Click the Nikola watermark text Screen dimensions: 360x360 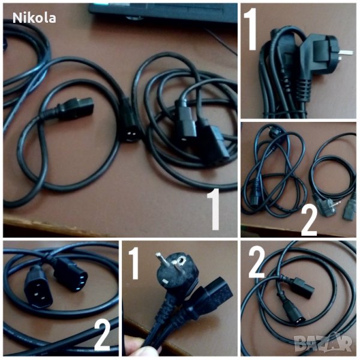tap(34, 18)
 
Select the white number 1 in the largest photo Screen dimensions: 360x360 tap(214, 209)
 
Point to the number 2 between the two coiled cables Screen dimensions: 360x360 tap(309, 221)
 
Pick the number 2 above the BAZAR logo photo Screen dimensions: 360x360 tap(257, 262)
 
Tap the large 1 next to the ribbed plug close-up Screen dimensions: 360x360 tap(250, 29)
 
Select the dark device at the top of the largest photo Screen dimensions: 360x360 tap(163, 12)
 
